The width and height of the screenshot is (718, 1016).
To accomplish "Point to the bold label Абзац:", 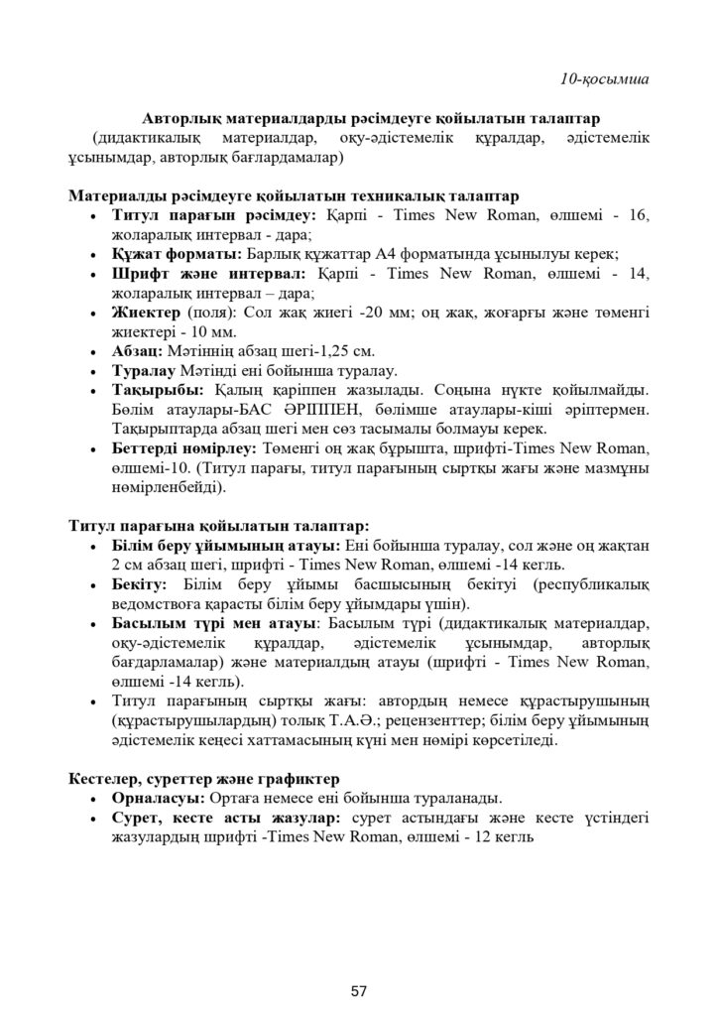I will coord(140,351).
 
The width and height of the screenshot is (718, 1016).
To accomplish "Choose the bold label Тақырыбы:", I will coord(155,391).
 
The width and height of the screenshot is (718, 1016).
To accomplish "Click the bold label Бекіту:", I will coord(141,585).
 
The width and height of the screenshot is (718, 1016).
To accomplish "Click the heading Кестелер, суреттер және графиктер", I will coord(204,779).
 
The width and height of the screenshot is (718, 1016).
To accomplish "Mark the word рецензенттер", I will coord(428,721).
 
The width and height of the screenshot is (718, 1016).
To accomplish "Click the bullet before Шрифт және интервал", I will coord(92,274).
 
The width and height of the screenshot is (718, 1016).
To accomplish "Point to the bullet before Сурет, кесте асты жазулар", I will coord(92,819).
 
